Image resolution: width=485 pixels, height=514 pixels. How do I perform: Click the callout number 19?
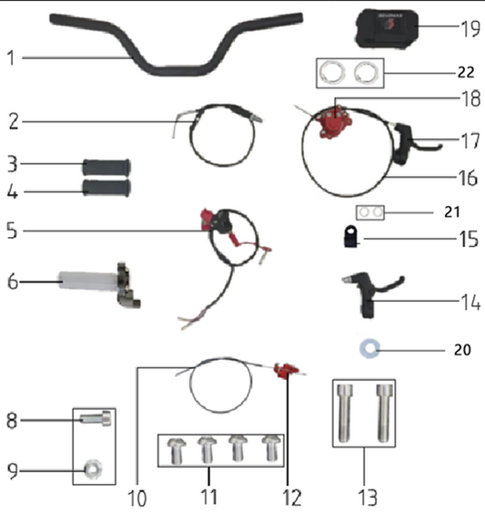[470, 28]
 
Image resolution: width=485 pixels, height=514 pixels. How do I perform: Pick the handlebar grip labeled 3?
[107, 166]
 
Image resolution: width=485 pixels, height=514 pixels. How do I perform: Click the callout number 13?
[367, 500]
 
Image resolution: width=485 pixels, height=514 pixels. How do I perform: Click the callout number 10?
[137, 500]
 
